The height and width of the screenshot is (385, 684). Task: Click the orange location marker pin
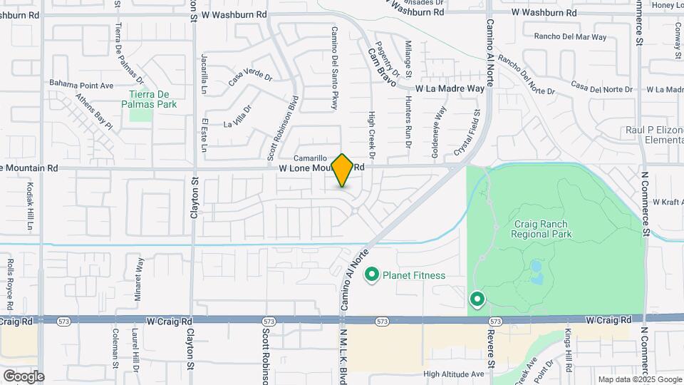point(343,170)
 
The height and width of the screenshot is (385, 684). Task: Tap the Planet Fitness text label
point(414,275)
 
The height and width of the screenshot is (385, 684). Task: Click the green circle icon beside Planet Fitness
point(371,274)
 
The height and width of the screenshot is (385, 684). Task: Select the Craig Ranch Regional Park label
point(543,228)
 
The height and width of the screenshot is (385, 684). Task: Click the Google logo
point(24,376)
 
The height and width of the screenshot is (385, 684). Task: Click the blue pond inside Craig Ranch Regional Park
point(536,269)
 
